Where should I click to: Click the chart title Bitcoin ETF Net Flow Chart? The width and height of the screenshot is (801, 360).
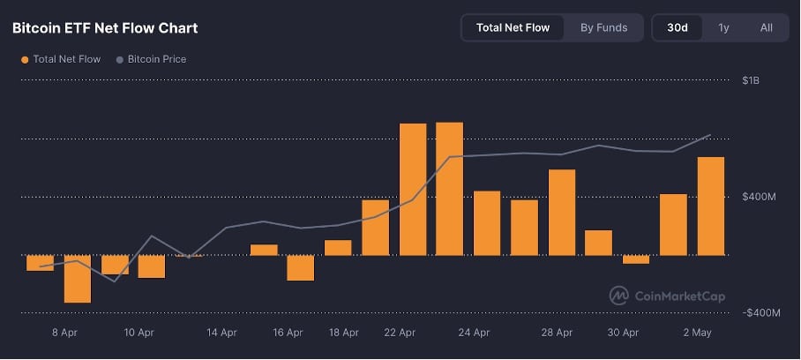pyautogui.click(x=105, y=28)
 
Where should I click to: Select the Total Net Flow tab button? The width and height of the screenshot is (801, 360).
pyautogui.click(x=513, y=27)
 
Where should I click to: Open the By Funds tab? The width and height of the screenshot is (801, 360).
pyautogui.click(x=603, y=27)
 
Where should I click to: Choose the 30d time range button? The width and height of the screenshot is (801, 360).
pyautogui.click(x=677, y=27)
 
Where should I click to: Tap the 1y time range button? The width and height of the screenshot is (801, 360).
pyautogui.click(x=723, y=27)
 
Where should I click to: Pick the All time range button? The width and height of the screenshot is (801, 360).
pyautogui.click(x=766, y=27)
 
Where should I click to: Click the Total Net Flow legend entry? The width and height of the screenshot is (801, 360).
pyautogui.click(x=62, y=59)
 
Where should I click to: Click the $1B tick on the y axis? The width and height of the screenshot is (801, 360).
pyautogui.click(x=751, y=80)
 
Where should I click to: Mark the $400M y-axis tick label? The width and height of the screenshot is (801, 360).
pyautogui.click(x=758, y=197)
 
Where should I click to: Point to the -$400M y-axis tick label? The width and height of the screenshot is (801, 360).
pyautogui.click(x=760, y=313)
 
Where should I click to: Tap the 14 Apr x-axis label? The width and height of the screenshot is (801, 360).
pyautogui.click(x=221, y=333)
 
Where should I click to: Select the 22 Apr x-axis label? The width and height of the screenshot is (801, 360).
pyautogui.click(x=400, y=333)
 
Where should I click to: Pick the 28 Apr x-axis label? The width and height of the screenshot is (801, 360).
pyautogui.click(x=557, y=333)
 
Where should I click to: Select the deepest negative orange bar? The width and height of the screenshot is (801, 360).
pyautogui.click(x=77, y=279)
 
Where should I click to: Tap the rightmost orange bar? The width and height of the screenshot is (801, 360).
pyautogui.click(x=710, y=206)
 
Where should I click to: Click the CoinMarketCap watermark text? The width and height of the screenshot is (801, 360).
pyautogui.click(x=679, y=296)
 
